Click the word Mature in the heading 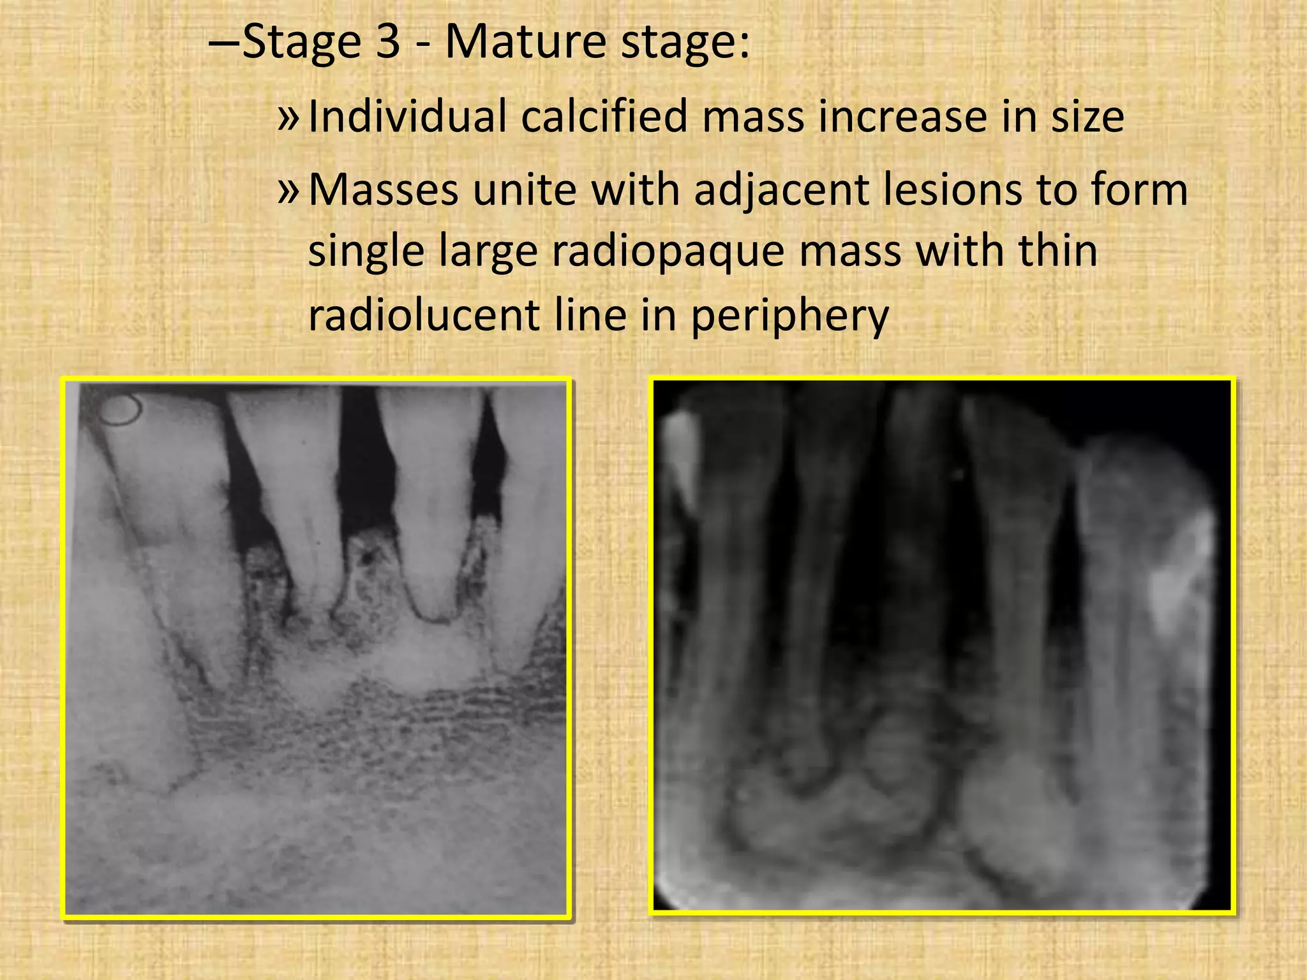(x=525, y=42)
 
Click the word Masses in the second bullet (x=383, y=190)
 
